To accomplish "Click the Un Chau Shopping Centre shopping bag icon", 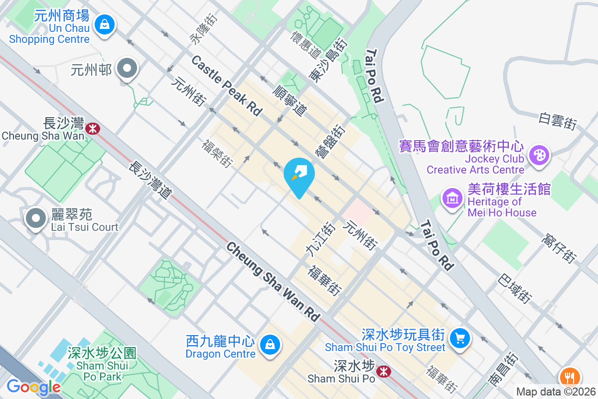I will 105,24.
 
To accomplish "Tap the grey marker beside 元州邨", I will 127,69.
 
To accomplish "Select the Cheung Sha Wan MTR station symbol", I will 92,129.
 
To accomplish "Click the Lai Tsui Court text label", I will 85,227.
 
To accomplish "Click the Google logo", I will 33,387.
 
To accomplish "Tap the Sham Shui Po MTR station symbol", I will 383,371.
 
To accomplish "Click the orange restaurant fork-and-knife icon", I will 570,377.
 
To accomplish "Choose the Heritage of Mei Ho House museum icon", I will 452,199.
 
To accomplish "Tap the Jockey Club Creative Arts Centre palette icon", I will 538,155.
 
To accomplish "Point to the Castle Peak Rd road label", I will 227,86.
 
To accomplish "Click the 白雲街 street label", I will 558,121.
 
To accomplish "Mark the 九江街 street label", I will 320,240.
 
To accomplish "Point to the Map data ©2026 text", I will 556,392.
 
